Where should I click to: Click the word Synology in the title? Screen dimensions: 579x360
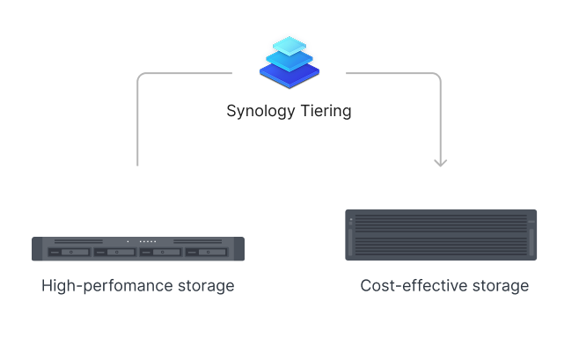tap(260, 111)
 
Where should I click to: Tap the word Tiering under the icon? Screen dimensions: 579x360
tap(326, 111)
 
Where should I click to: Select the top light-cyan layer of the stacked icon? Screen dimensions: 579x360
tap(289, 46)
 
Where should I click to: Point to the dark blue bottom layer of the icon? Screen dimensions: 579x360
tap(289, 75)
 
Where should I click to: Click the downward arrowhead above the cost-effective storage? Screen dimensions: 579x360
tap(441, 163)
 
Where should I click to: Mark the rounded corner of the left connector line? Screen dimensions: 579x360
tap(141, 77)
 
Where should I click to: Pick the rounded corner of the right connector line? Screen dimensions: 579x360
tap(437, 77)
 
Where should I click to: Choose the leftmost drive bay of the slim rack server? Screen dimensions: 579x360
tap(69, 253)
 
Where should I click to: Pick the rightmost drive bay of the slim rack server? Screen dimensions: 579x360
tap(207, 253)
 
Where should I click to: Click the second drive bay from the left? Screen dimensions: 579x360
tap(115, 253)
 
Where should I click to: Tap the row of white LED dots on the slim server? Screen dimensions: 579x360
tap(148, 241)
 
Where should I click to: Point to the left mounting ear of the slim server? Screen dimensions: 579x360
tap(37, 249)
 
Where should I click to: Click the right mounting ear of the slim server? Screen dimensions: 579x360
tap(239, 249)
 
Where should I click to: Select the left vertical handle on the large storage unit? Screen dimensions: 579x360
tap(350, 242)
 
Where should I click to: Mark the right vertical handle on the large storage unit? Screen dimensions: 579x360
tap(531, 242)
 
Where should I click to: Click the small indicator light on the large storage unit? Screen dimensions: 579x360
tap(351, 219)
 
